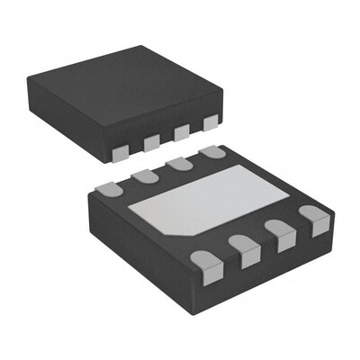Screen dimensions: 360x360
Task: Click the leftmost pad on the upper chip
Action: click(x=121, y=153)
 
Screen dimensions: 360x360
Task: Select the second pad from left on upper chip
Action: click(x=151, y=141)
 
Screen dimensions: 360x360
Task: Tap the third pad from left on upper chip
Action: click(x=181, y=132)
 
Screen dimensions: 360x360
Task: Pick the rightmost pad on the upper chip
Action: click(x=211, y=122)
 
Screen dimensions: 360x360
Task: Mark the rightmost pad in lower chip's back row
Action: click(x=213, y=152)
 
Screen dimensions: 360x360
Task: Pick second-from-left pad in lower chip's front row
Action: click(x=244, y=249)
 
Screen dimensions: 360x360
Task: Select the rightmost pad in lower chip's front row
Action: click(x=315, y=219)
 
